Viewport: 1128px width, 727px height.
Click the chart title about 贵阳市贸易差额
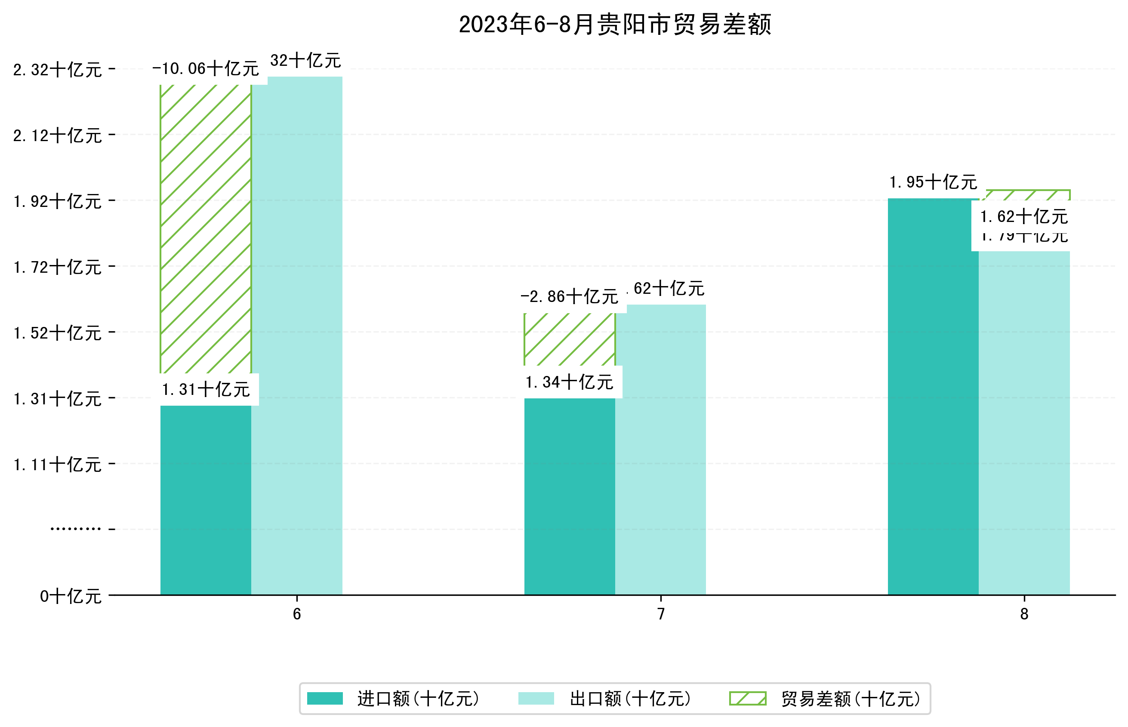click(614, 25)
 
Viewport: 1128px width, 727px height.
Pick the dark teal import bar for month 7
click(569, 496)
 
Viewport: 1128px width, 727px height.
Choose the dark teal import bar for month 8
click(933, 397)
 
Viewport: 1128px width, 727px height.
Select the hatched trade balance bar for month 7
click(569, 339)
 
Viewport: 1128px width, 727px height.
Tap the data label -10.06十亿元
click(205, 69)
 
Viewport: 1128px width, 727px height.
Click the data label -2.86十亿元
click(569, 297)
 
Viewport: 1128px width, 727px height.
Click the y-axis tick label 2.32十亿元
click(57, 70)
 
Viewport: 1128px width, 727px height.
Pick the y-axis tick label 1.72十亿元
click(57, 267)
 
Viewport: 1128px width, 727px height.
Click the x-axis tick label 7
click(661, 614)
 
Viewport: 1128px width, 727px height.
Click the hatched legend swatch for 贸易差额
click(747, 699)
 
